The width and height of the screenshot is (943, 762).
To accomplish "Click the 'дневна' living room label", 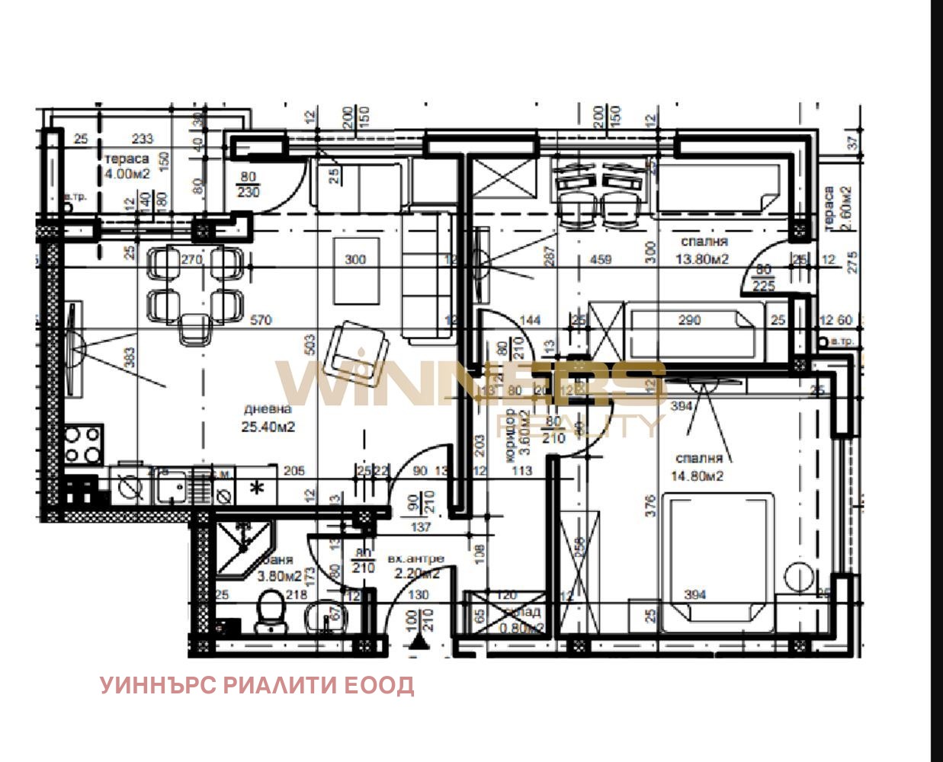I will (x=268, y=409).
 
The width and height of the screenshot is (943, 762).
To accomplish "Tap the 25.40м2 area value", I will (x=268, y=427).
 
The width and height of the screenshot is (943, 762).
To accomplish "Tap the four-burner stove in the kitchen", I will (x=83, y=445).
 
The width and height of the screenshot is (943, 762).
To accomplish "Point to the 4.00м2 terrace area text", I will (x=127, y=174).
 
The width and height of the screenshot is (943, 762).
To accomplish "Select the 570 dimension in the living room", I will (x=261, y=320).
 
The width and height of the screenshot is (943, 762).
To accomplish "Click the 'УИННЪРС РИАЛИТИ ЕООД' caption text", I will (x=258, y=685).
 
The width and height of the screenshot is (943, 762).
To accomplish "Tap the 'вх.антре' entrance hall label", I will (x=415, y=559).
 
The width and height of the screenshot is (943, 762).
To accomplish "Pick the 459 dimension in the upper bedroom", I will (x=601, y=259).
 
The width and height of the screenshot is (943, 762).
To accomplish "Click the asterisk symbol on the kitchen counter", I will (x=258, y=488).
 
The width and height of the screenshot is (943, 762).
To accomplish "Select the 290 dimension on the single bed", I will (x=689, y=320).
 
